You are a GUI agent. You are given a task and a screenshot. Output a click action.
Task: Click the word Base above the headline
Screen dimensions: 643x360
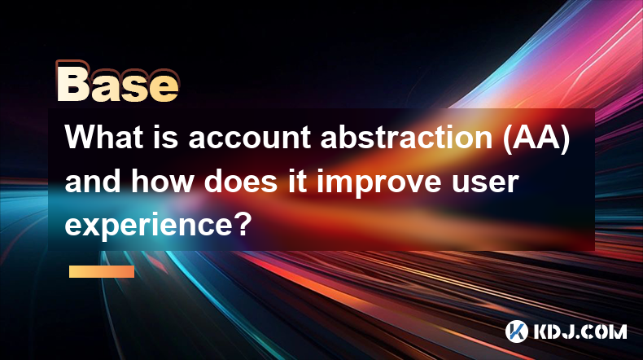118,82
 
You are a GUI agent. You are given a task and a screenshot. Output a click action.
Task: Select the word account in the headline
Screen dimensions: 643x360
251,138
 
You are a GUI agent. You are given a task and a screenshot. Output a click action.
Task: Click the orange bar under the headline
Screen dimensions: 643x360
102,271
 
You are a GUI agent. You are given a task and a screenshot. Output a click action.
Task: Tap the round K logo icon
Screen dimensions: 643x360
516,331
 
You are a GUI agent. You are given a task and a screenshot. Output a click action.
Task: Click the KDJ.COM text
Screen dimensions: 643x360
580,331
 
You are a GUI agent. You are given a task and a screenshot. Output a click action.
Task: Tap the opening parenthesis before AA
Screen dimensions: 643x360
507,139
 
